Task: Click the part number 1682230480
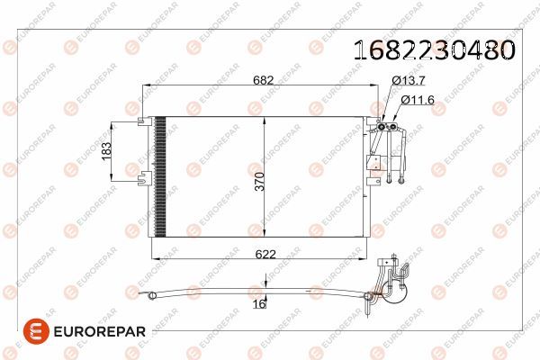(437, 49)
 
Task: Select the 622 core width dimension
(264, 255)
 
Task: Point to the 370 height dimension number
(258, 184)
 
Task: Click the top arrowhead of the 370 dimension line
(263, 120)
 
